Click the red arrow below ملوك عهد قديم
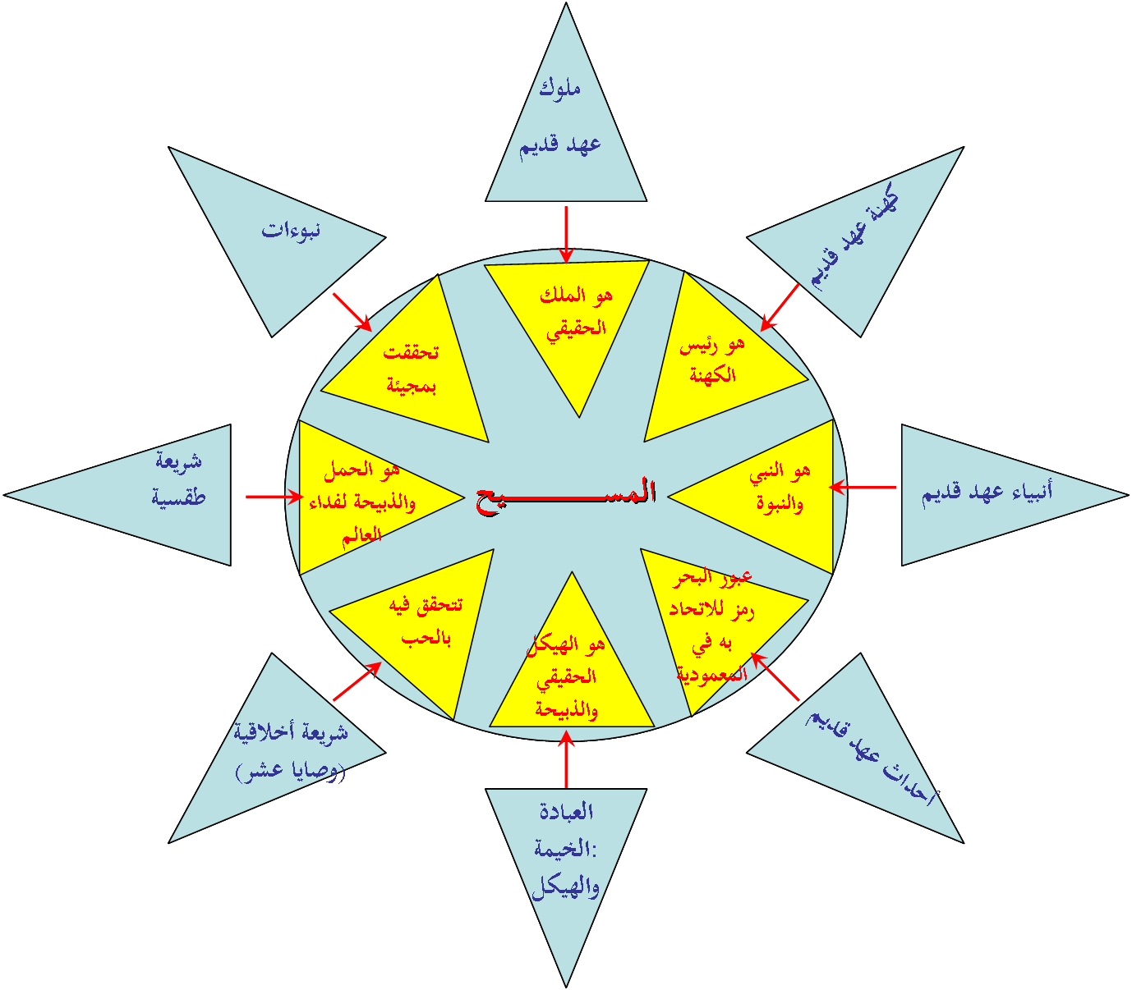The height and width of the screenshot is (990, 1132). point(566,234)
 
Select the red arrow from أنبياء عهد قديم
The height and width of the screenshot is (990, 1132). point(863,488)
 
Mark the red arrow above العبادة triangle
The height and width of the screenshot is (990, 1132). point(566,759)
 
